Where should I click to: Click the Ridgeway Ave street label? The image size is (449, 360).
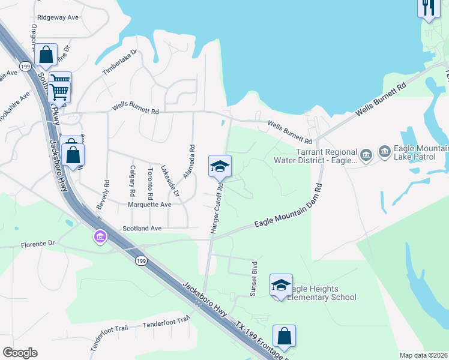(x=58, y=18)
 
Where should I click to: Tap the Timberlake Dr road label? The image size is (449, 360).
(x=119, y=62)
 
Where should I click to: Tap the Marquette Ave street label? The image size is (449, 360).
(x=149, y=205)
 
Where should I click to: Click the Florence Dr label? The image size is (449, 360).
(x=38, y=244)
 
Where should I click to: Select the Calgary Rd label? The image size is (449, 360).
(x=132, y=182)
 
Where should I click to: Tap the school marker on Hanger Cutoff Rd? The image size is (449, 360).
(x=220, y=166)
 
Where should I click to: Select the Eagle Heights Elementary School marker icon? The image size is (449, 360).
(x=281, y=286)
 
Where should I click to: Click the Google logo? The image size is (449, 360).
(x=20, y=353)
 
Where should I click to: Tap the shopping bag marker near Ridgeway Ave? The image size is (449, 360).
(x=46, y=55)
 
